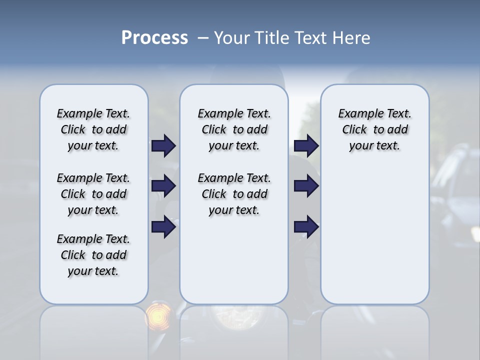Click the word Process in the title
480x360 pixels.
tap(154, 38)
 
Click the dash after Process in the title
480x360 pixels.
tap(203, 38)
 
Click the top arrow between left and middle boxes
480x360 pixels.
tap(163, 146)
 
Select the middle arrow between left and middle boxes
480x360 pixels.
tap(163, 186)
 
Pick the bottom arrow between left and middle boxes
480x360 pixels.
tap(163, 227)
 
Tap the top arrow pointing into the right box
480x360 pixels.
tap(306, 146)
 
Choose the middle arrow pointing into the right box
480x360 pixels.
tap(306, 186)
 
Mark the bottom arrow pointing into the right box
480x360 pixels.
tap(306, 227)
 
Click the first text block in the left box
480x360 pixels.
tap(93, 129)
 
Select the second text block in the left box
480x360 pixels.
tap(93, 194)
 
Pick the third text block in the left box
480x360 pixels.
tap(93, 255)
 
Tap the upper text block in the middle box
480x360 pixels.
tap(234, 129)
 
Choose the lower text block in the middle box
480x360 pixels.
tap(234, 194)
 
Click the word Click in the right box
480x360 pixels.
tap(354, 129)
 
